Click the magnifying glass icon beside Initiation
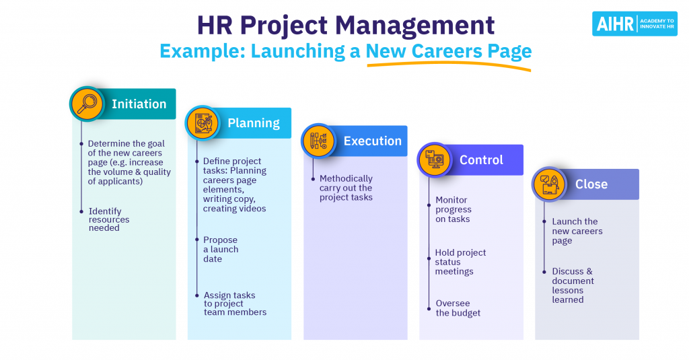(x=87, y=104)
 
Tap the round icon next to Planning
(x=203, y=122)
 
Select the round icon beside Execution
(x=318, y=141)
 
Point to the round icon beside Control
(x=435, y=159)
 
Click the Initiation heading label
(x=139, y=104)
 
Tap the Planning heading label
(x=254, y=123)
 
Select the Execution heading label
(x=372, y=141)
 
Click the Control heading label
(x=481, y=160)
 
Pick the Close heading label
(x=591, y=184)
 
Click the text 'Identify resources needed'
(x=109, y=219)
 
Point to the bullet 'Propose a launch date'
(x=221, y=249)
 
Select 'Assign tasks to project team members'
(x=235, y=303)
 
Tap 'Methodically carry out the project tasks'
(x=346, y=188)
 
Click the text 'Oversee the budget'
(x=458, y=308)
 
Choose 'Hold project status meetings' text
(x=460, y=262)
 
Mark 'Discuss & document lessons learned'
(x=573, y=285)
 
